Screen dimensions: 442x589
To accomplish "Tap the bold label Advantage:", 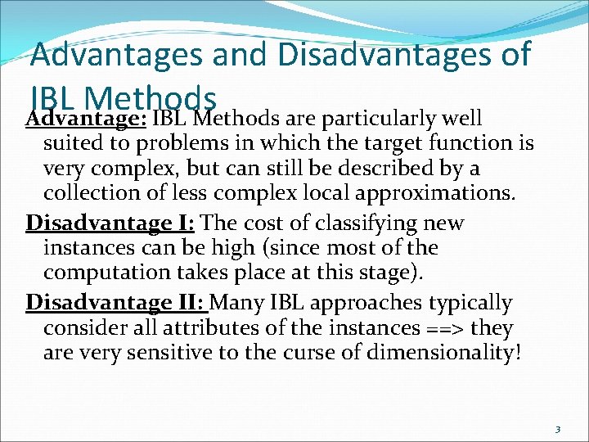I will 85,120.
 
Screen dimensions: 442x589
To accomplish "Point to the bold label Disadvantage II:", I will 118,303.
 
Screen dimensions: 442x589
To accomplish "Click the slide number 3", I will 556,429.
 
